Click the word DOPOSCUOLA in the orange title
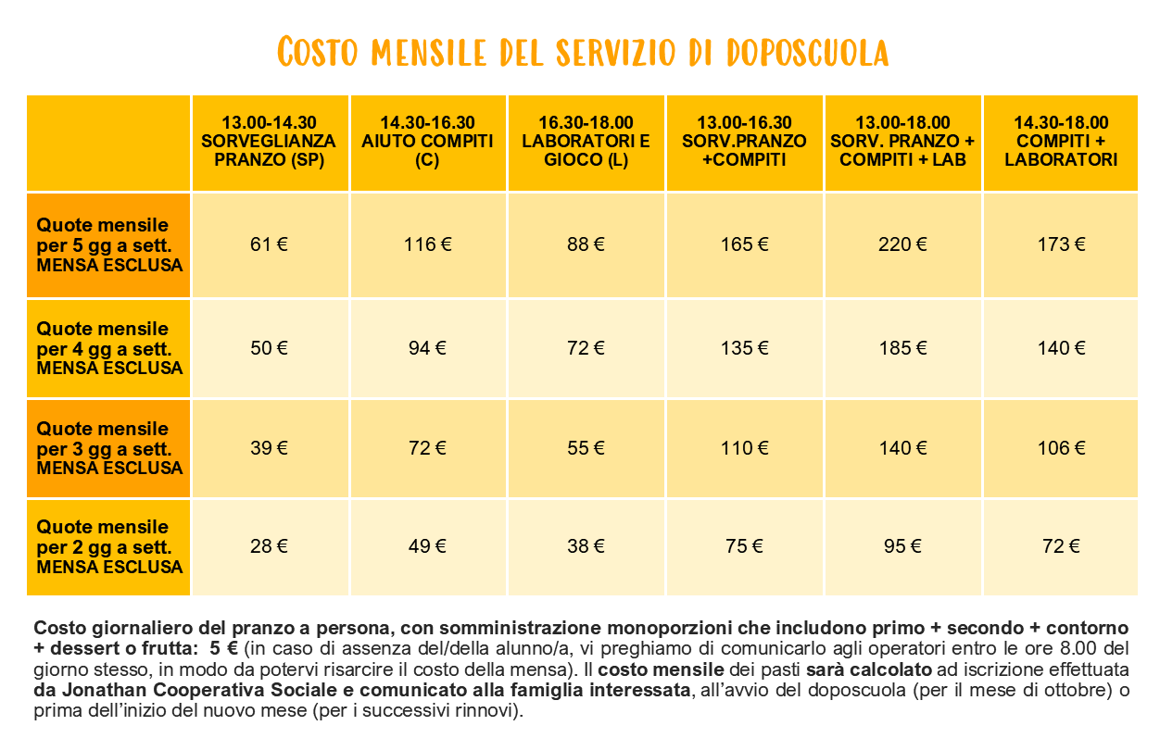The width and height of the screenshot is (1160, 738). tap(808, 53)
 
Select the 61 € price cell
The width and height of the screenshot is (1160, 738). tap(269, 244)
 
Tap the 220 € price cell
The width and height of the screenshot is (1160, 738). tap(902, 244)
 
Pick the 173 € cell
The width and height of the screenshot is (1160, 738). tap(1061, 244)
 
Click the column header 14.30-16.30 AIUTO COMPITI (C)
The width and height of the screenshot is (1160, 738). tap(427, 142)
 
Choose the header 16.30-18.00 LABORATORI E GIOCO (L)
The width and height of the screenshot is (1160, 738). tap(586, 142)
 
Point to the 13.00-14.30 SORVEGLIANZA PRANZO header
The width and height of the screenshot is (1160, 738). tap(269, 142)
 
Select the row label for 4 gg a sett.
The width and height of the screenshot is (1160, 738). tap(109, 348)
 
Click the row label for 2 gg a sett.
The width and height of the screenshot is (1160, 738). tap(109, 546)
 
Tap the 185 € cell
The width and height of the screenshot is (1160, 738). tap(902, 348)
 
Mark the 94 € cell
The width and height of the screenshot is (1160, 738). tap(427, 348)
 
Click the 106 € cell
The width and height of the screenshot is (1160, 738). tap(1061, 448)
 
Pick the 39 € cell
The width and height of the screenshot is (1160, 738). tap(269, 448)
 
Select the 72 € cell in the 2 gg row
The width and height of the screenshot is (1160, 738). tap(1061, 546)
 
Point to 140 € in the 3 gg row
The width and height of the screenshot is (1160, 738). tap(902, 448)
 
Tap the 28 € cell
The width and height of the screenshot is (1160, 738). tap(269, 546)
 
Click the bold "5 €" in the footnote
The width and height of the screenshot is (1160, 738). tap(223, 648)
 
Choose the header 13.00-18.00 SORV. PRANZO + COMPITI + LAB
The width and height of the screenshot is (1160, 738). tap(902, 142)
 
